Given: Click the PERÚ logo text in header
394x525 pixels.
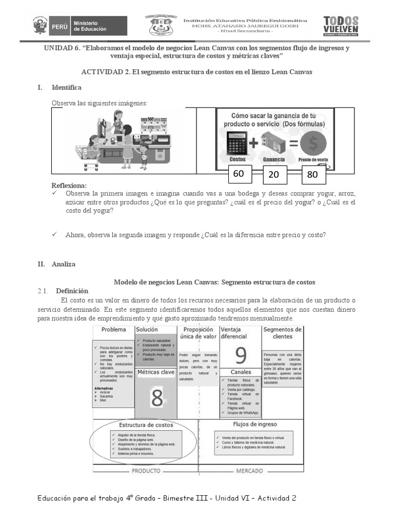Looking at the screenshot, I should pyautogui.click(x=60, y=25).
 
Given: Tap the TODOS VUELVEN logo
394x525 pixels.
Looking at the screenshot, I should pyautogui.click(x=341, y=25).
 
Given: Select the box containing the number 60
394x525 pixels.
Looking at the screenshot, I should pyautogui.click(x=239, y=174).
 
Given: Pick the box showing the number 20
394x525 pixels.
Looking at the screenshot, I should pyautogui.click(x=273, y=175).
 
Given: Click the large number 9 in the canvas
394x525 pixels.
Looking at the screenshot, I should pyautogui.click(x=241, y=355).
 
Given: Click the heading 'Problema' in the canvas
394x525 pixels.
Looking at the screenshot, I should pyautogui.click(x=113, y=329).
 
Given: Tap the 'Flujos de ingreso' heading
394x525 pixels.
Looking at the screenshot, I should pyautogui.click(x=255, y=425).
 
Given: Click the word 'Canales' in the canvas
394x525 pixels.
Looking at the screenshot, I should pyautogui.click(x=241, y=372).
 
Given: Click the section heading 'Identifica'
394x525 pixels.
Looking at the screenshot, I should pyautogui.click(x=66, y=88).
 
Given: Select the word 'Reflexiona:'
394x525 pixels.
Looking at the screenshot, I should pyautogui.click(x=69, y=185).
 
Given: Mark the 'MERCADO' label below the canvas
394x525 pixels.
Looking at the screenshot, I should pyautogui.click(x=249, y=471).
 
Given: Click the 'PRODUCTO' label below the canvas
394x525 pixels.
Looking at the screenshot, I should pyautogui.click(x=146, y=471).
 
